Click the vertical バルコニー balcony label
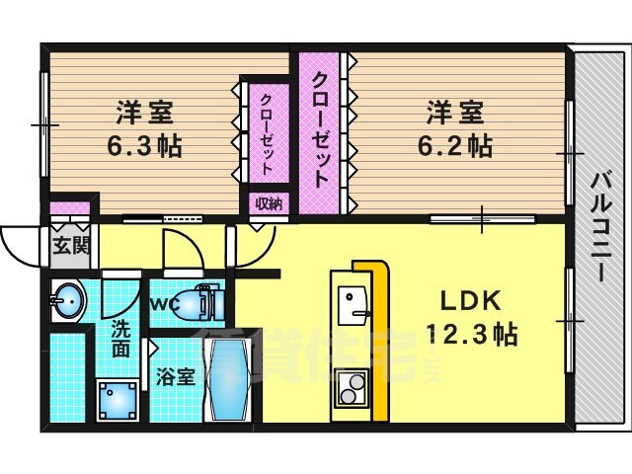pyautogui.click(x=600, y=226)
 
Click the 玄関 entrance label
pyautogui.click(x=72, y=244)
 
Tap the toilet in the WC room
pyautogui.click(x=201, y=303)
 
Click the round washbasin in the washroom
pyautogui.click(x=67, y=300)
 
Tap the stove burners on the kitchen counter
pyautogui.click(x=350, y=387)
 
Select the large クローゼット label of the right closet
pyautogui.click(x=320, y=130)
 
